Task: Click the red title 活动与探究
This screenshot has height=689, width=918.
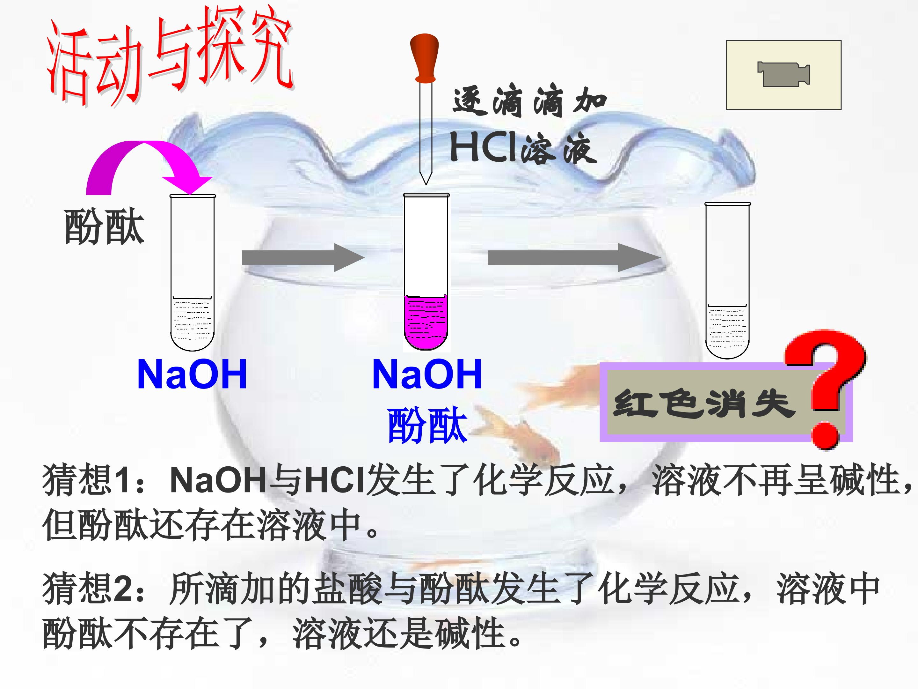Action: [x=170, y=58]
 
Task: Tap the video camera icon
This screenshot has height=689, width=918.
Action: [x=783, y=75]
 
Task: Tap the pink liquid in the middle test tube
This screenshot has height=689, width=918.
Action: [x=426, y=322]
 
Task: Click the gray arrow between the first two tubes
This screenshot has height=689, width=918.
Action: [x=303, y=257]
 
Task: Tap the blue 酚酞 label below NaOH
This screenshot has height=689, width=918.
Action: [x=427, y=425]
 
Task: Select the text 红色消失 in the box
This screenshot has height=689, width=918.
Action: [x=703, y=404]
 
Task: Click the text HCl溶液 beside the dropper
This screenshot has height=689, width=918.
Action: [x=523, y=149]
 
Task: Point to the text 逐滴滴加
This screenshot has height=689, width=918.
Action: [x=529, y=102]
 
